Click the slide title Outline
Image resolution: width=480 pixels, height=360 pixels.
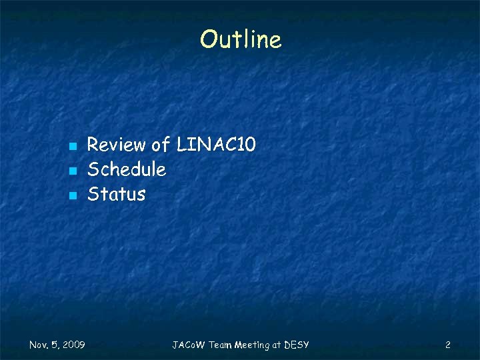coord(241,39)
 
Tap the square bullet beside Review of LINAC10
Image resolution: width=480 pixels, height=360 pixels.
coord(73,145)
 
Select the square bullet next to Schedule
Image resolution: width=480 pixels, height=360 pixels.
coord(73,171)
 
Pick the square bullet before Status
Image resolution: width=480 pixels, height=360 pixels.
coord(73,196)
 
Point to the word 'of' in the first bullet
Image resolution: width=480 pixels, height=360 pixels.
coord(161,145)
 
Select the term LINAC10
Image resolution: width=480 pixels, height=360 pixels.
coord(216,145)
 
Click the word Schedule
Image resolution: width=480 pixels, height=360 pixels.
coord(127,169)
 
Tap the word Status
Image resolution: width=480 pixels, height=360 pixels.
coord(117,195)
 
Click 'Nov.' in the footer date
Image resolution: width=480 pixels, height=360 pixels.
coord(39,345)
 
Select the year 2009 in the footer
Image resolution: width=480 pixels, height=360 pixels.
coord(73,345)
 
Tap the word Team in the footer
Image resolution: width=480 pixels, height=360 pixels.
coord(221,345)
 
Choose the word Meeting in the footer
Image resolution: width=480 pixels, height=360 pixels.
coord(253,345)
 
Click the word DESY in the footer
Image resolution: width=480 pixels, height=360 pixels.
coord(297,345)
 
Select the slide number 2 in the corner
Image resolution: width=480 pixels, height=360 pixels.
coord(448,345)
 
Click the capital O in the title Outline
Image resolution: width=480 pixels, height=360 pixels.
coord(208,39)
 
